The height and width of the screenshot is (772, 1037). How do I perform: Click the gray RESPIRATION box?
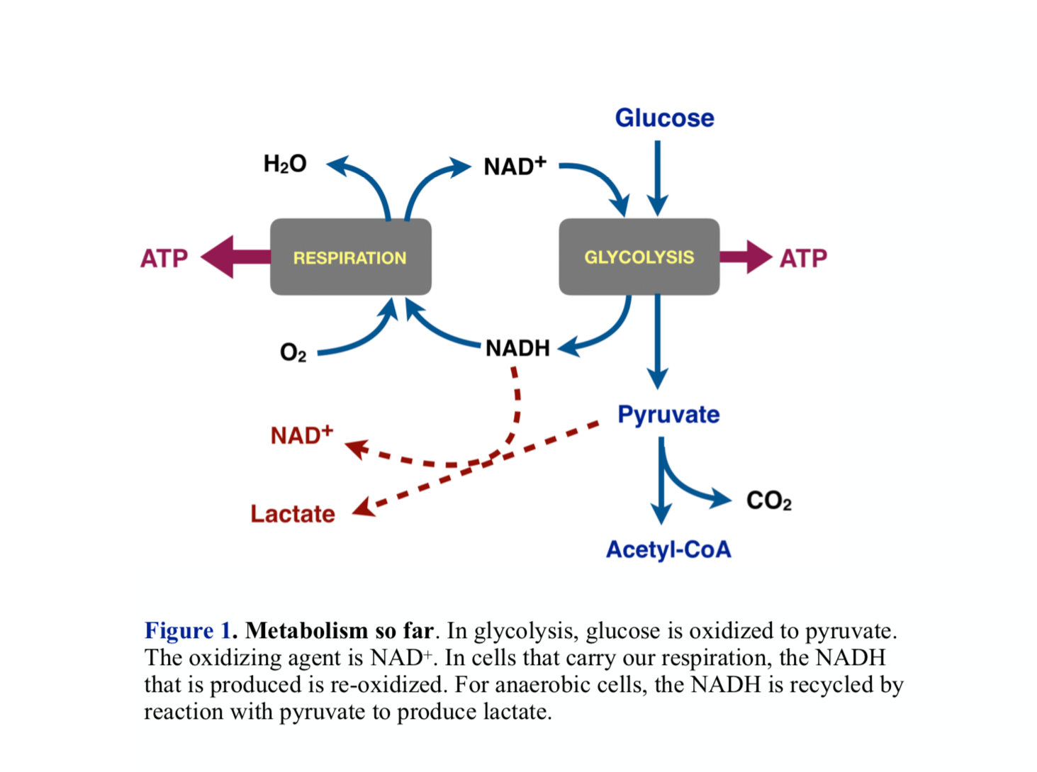click(x=350, y=257)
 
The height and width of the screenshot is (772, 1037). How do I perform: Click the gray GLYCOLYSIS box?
click(x=639, y=257)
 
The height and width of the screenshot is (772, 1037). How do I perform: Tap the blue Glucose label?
click(x=664, y=118)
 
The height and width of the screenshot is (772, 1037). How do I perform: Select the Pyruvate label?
click(x=668, y=414)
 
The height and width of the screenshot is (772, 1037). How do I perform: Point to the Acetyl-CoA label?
click(x=668, y=549)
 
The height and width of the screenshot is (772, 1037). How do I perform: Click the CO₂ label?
click(x=768, y=500)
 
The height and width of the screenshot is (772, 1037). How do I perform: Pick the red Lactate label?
click(x=292, y=513)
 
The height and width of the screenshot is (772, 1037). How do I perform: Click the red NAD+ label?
click(x=301, y=435)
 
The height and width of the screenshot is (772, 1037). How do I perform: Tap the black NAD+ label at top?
click(x=515, y=166)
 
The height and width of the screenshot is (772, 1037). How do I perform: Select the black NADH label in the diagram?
click(x=517, y=348)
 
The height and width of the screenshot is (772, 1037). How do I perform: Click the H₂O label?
click(x=285, y=164)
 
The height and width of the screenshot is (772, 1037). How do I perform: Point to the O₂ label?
click(x=293, y=352)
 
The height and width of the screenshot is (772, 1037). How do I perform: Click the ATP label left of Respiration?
click(x=164, y=258)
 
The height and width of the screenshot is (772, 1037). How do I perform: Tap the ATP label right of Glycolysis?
click(x=803, y=258)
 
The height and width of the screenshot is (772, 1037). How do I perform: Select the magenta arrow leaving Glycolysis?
click(x=745, y=257)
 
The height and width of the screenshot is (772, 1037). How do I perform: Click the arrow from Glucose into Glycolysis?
click(x=657, y=177)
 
